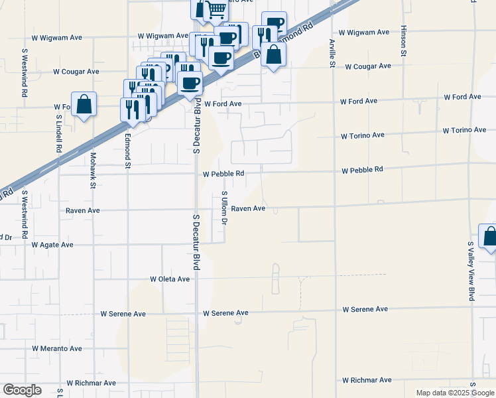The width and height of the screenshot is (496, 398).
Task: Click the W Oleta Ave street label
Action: point(170,279)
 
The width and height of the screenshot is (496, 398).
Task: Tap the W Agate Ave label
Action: point(52,245)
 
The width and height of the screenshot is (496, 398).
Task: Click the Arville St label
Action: point(332,52)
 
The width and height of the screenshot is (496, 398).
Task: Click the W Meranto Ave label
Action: point(57,348)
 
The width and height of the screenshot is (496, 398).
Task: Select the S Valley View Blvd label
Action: point(471,272)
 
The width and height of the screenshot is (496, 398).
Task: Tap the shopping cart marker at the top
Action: point(216,9)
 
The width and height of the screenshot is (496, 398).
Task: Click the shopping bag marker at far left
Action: point(84,105)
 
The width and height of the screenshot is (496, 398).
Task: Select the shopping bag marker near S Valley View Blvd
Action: point(489,237)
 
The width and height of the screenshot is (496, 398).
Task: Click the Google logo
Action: point(22,390)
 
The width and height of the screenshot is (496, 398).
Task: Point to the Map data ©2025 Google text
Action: point(455,393)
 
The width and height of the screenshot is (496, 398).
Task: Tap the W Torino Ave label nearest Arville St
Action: point(362,135)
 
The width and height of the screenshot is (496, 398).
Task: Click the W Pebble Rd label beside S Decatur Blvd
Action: point(223,174)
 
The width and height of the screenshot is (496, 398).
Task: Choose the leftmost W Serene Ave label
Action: point(123,314)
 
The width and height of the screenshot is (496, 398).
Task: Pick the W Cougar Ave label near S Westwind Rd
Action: point(76,72)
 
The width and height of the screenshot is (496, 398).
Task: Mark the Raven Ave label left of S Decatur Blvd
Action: point(82,210)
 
